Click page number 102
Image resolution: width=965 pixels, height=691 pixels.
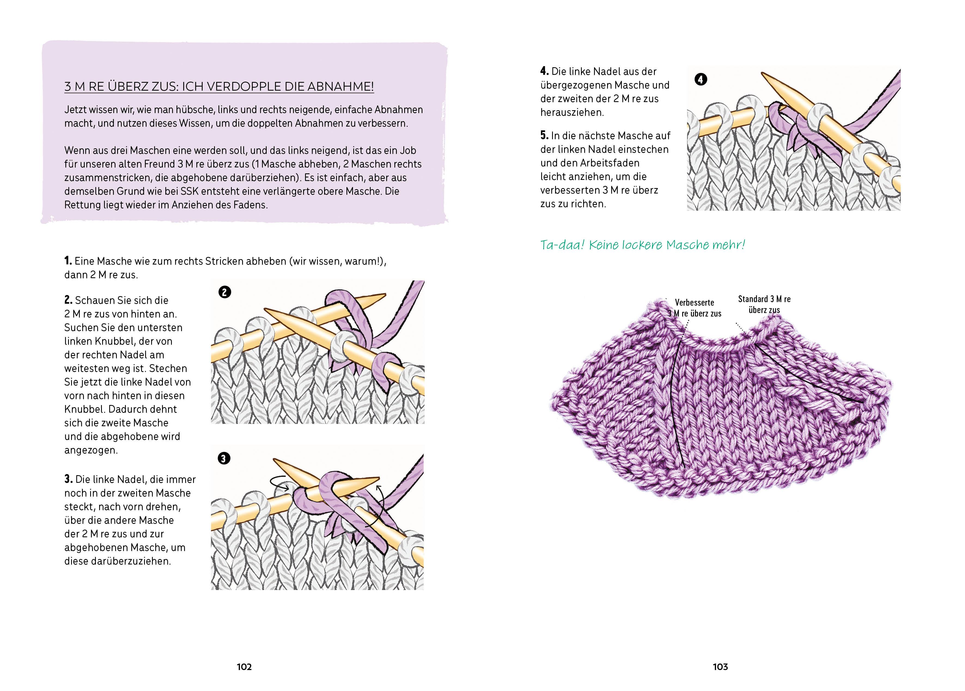pyautogui.click(x=244, y=667)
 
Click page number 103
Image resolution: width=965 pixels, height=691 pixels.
pyautogui.click(x=720, y=667)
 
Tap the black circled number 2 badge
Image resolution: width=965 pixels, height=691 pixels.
pyautogui.click(x=225, y=292)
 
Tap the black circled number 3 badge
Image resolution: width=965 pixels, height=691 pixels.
pyautogui.click(x=224, y=458)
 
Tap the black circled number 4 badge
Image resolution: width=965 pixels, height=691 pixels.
pyautogui.click(x=700, y=79)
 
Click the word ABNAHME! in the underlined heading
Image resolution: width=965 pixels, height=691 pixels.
pyautogui.click(x=340, y=87)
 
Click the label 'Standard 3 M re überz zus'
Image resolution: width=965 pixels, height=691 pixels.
pyautogui.click(x=764, y=305)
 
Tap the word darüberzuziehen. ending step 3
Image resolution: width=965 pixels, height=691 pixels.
pyautogui.click(x=117, y=561)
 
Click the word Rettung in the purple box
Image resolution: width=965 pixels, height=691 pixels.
pyautogui.click(x=82, y=205)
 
